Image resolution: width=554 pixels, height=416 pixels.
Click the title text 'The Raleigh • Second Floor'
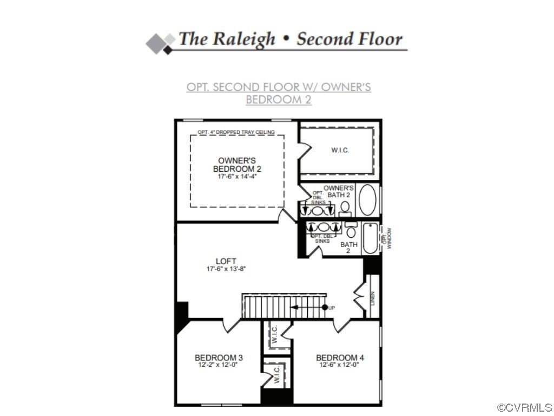pos(291,40)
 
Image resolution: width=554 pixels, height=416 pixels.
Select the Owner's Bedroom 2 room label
pos(237,164)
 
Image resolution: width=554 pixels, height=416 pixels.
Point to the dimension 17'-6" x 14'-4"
pos(237,177)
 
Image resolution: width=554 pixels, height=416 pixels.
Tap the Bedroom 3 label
pos(219,357)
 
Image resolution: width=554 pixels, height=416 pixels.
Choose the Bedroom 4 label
pos(340,357)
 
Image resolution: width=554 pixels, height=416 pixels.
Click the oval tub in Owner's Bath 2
pos(368,201)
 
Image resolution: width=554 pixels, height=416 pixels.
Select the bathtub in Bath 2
pos(370,239)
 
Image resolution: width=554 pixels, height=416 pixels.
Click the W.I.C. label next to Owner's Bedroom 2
pos(340,150)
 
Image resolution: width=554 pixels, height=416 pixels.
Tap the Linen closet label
pos(373,298)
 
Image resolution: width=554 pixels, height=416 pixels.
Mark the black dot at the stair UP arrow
pos(325,307)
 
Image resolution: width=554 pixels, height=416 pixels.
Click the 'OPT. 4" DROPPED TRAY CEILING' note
pos(236,132)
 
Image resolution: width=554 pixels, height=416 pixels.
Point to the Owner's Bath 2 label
pos(339,191)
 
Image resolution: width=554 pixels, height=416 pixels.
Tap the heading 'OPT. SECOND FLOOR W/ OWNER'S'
pos(279,87)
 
